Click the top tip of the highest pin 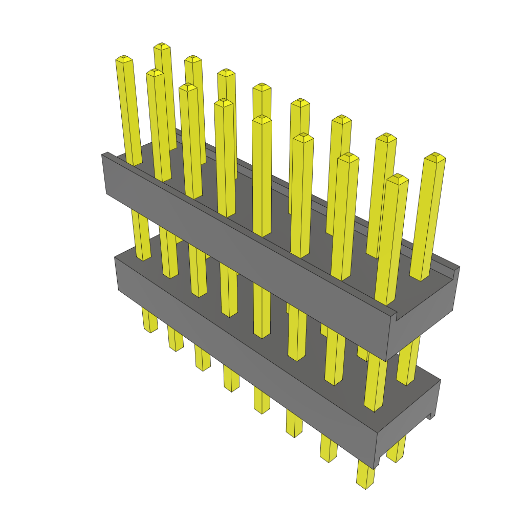click(x=162, y=46)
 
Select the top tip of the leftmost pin click(x=123, y=58)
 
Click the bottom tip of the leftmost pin click(x=150, y=330)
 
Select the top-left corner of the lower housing click(x=116, y=257)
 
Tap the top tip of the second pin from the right click(x=398, y=178)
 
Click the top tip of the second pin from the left click(x=155, y=72)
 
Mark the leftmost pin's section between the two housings click(x=141, y=235)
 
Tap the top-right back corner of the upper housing click(x=458, y=267)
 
